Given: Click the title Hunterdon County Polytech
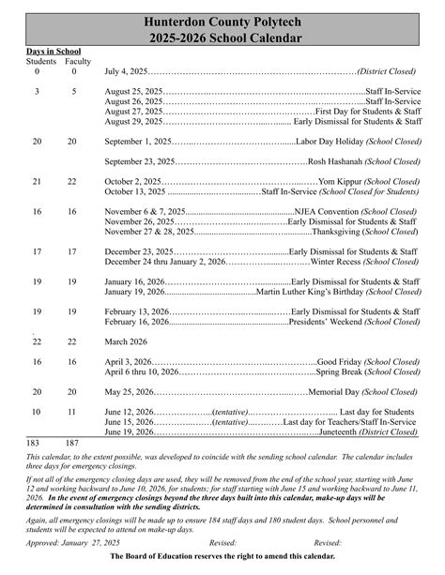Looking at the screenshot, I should (222, 20).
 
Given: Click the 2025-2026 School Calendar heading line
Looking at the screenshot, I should (222, 38).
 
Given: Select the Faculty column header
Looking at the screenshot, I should (78, 61).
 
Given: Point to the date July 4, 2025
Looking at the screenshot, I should (126, 71).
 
